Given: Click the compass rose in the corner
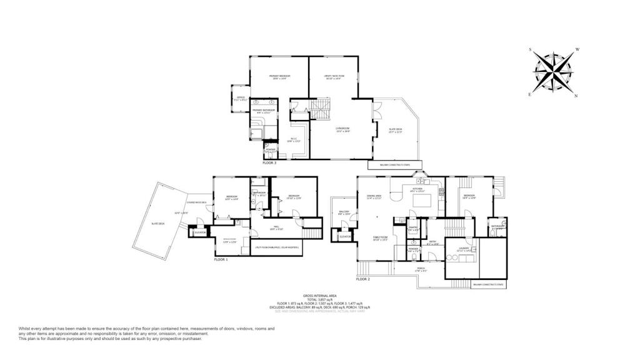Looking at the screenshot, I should [x=554, y=72].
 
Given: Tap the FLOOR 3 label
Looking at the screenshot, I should [x=269, y=162].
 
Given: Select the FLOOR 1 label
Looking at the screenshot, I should [x=221, y=259].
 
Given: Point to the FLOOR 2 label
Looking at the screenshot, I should [x=363, y=279].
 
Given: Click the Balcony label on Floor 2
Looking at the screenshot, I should [x=343, y=212].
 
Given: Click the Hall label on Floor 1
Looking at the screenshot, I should [x=276, y=228].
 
